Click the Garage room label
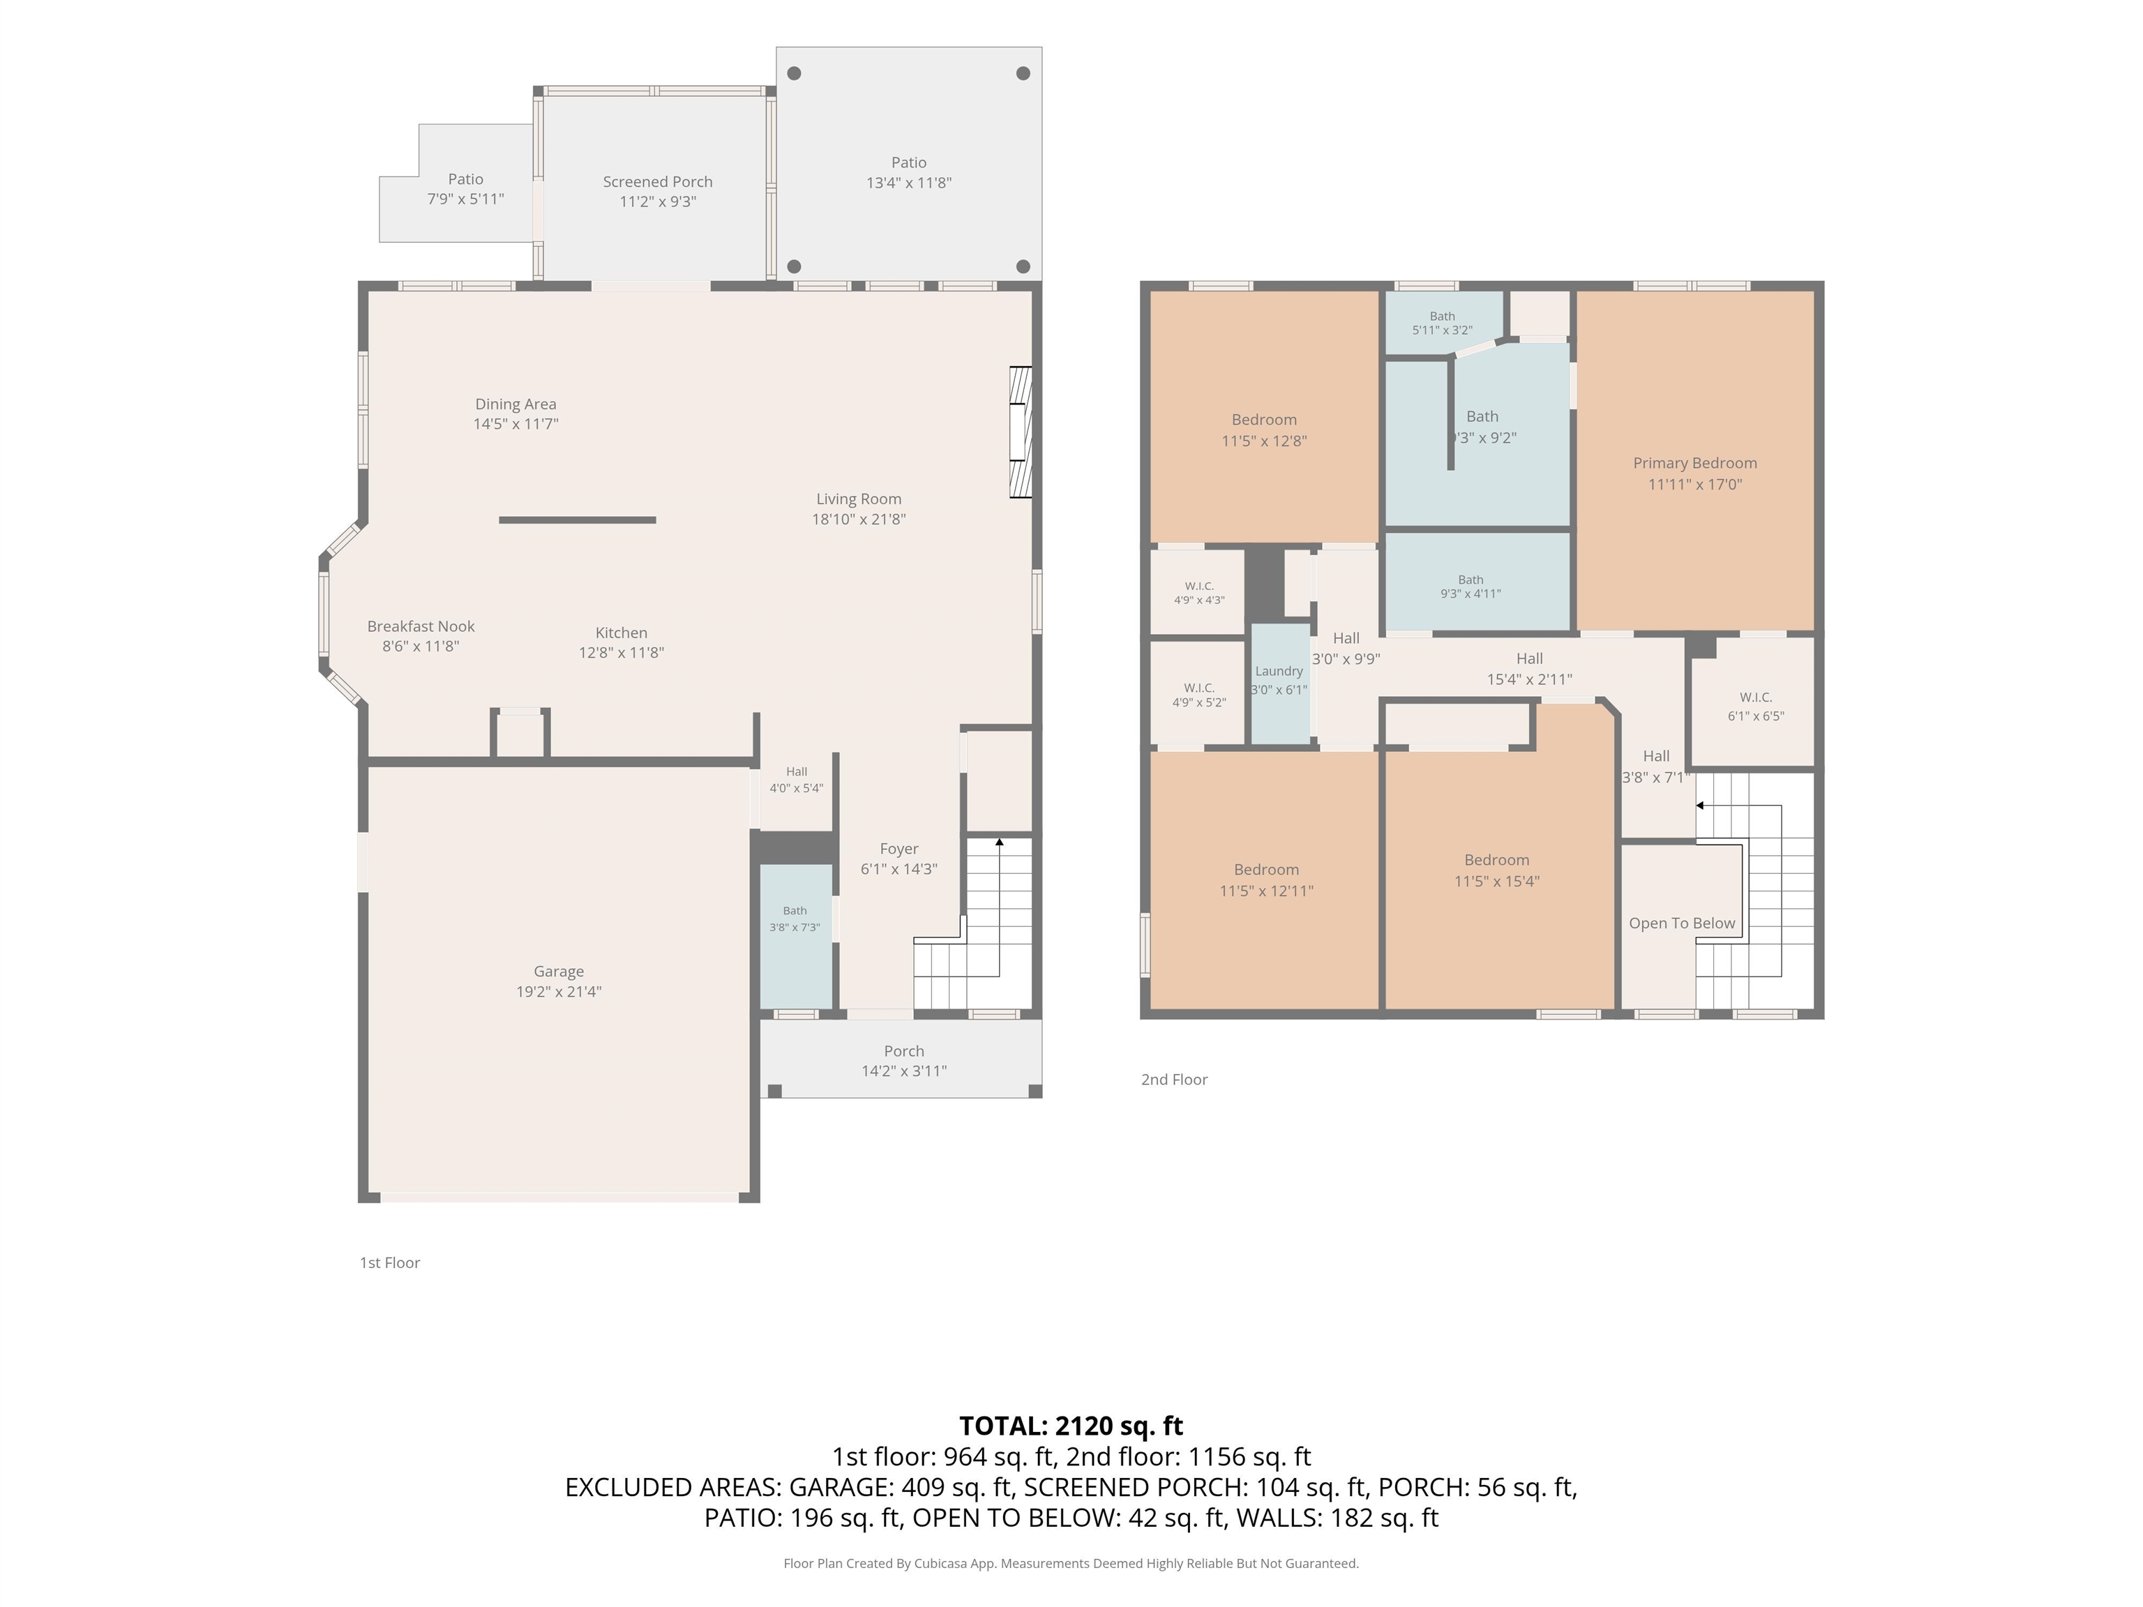click(558, 971)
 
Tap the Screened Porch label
click(657, 181)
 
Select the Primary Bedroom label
click(1694, 463)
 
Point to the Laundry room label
click(1279, 671)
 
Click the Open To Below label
click(1682, 923)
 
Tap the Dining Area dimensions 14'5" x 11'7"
click(516, 423)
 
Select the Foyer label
click(899, 849)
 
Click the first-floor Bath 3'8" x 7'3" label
click(795, 919)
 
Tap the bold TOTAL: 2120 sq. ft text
click(1071, 1426)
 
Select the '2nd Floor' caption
click(1174, 1079)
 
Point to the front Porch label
click(904, 1051)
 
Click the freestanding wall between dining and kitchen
click(578, 520)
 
